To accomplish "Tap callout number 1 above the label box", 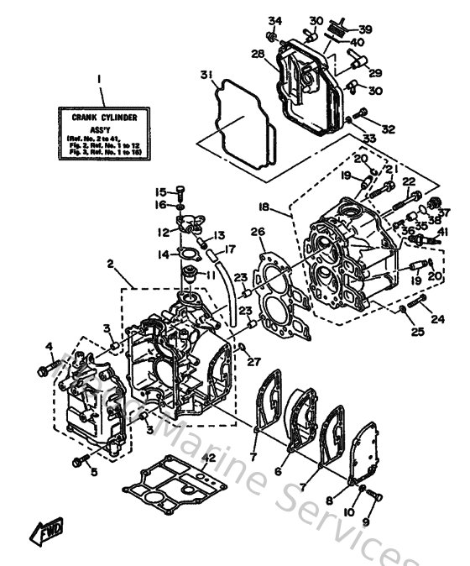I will pos(99,81).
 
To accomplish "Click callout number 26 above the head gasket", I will pos(258,233).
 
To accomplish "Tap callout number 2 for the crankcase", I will pos(111,264).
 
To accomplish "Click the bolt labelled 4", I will pos(44,366).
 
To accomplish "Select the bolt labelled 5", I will pos(81,460).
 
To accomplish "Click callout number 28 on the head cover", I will pos(258,54).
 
